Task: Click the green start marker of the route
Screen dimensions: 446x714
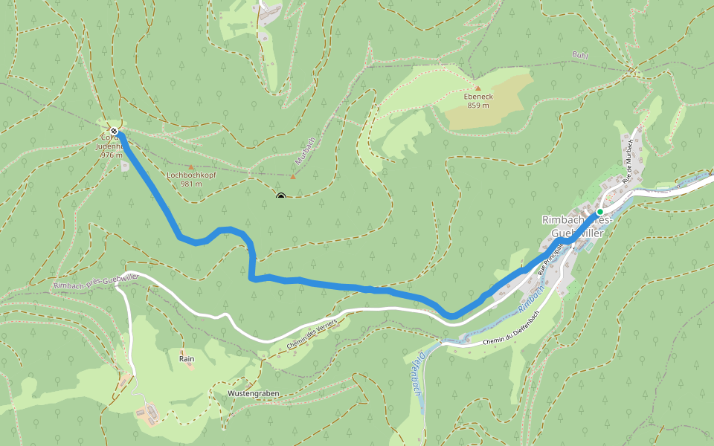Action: point(599,212)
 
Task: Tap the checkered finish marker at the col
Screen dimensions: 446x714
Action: point(114,132)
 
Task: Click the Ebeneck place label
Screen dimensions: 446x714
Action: point(478,97)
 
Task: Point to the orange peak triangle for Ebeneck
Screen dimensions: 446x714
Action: point(477,88)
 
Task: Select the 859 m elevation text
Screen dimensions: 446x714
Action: point(478,106)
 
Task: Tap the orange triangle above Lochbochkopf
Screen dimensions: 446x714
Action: point(191,167)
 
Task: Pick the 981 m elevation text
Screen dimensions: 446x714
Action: point(190,184)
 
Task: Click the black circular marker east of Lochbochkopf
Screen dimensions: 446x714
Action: point(281,197)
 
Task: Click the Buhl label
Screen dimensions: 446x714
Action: point(580,55)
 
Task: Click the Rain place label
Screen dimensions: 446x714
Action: point(187,358)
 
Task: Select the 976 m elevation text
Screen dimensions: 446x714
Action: point(111,155)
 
